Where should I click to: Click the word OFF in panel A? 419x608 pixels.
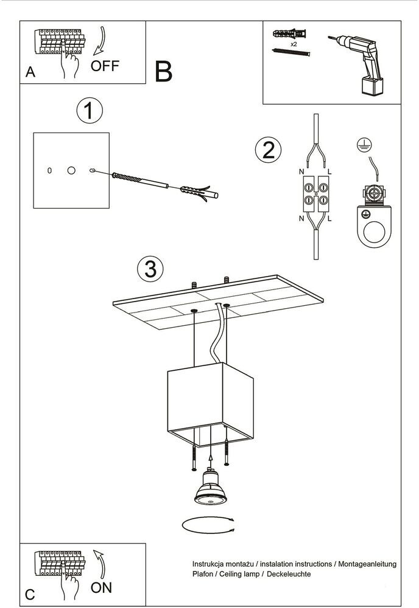pos(105,66)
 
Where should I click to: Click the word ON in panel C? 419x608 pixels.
pos(102,587)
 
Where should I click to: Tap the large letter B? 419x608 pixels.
pos(164,72)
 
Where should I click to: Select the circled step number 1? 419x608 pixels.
pos(89,112)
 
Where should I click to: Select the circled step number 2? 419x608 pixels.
pos(269,149)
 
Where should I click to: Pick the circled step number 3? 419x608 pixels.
pos(150,268)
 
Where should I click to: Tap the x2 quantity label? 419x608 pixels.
pos(294,44)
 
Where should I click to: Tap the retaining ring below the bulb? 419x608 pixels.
pos(208,524)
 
